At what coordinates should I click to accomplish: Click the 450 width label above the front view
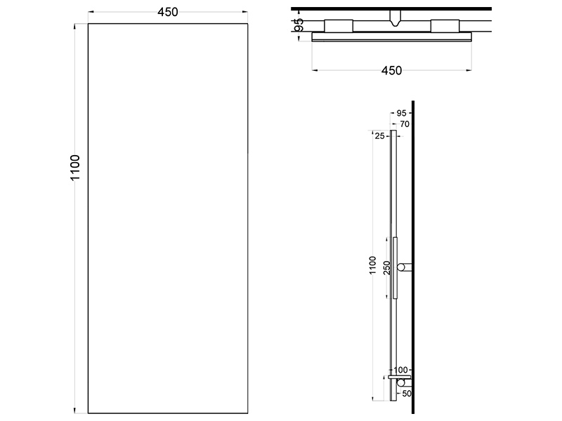(168, 12)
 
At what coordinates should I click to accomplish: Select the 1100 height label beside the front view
(75, 168)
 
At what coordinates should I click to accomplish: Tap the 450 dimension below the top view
(391, 71)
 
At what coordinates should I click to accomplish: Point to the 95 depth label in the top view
(299, 25)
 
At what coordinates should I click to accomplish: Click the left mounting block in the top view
(339, 26)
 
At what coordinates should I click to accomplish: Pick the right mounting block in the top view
(445, 26)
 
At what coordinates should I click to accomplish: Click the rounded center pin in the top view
(395, 18)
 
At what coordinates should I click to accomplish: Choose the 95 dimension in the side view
(401, 113)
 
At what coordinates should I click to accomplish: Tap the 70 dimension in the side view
(405, 124)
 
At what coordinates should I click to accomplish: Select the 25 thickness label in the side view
(379, 136)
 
